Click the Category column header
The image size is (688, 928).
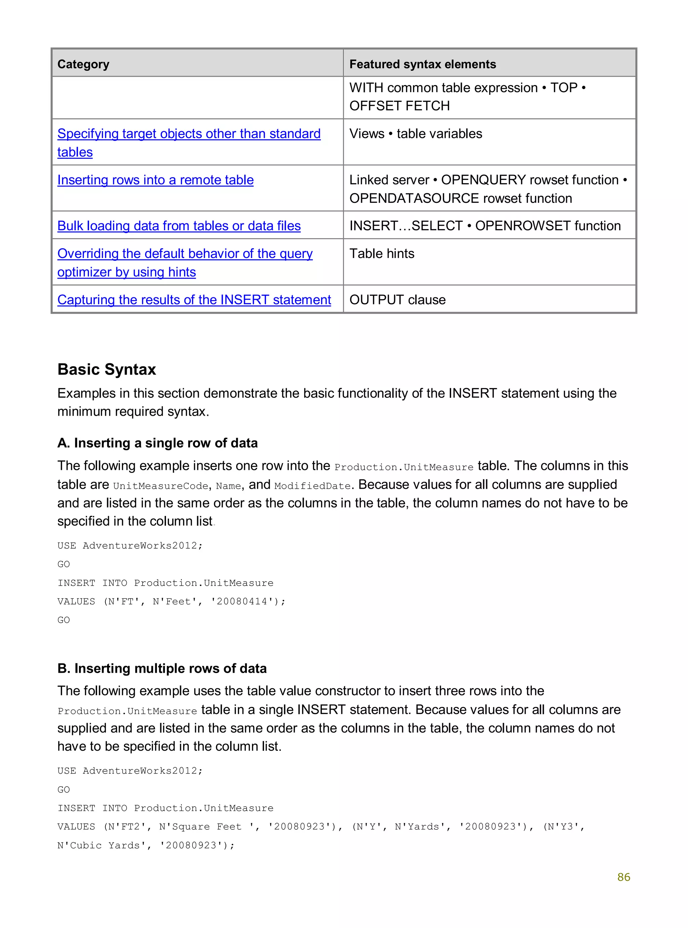[83, 64]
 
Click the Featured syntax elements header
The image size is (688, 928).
[422, 64]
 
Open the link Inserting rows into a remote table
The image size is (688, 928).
[155, 180]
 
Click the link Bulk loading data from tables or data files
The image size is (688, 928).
[179, 226]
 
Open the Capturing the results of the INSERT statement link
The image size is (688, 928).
[194, 299]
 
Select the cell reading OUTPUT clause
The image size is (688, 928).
[397, 299]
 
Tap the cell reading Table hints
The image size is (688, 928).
[382, 254]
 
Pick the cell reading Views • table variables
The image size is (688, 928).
[415, 134]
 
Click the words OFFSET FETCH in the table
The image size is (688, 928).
[399, 106]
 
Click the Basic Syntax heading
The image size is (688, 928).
[106, 369]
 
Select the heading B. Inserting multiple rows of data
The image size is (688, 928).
[162, 668]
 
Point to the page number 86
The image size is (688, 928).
[623, 877]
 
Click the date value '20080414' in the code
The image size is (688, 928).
[242, 602]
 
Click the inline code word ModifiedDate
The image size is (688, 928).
[312, 486]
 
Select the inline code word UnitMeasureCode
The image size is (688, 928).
[160, 486]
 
